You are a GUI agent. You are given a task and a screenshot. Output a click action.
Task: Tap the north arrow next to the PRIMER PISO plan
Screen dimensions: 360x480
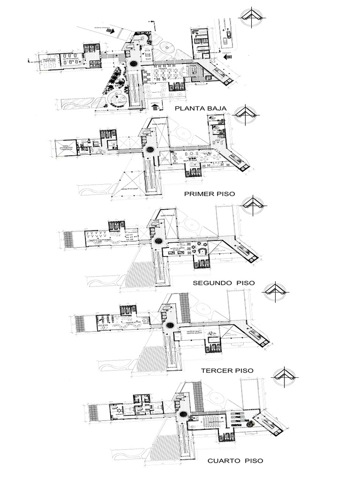245,114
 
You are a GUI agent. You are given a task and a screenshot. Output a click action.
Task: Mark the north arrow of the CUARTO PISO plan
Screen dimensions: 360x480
284,375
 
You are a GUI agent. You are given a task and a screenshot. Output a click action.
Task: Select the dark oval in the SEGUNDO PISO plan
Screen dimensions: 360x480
157,240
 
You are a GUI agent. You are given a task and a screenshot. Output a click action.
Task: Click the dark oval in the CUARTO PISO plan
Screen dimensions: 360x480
183,413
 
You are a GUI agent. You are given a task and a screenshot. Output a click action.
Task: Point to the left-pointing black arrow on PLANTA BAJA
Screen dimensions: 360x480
228,57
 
